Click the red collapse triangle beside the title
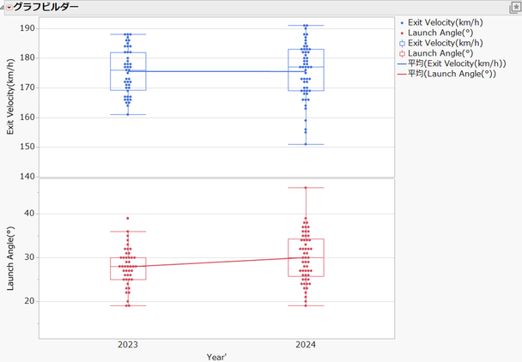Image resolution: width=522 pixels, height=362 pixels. [9, 7]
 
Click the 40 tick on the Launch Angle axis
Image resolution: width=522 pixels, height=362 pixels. [28, 213]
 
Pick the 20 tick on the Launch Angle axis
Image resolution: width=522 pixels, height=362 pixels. [28, 301]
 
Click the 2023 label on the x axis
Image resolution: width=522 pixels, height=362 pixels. [128, 345]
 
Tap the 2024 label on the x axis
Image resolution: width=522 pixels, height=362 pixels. [306, 345]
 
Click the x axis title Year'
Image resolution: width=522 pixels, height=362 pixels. [216, 356]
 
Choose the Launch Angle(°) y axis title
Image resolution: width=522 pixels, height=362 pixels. [10, 258]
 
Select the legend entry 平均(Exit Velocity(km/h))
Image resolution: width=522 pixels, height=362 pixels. [452, 63]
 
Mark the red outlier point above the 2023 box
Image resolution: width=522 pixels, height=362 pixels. [128, 218]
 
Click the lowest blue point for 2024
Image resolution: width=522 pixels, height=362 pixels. [306, 144]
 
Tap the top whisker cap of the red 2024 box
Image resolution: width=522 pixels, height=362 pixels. [306, 187]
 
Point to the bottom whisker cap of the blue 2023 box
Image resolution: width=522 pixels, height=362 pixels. [128, 114]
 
